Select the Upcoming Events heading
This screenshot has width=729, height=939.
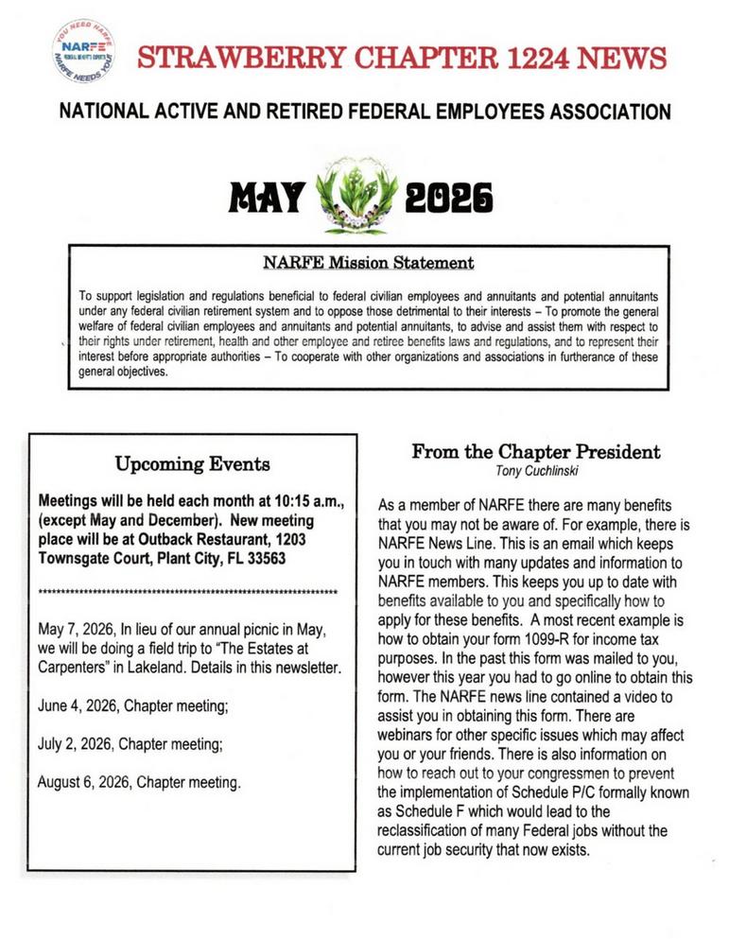click(x=192, y=463)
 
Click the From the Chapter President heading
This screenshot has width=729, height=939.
click(x=535, y=452)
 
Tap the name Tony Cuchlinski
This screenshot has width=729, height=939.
click(x=535, y=470)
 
